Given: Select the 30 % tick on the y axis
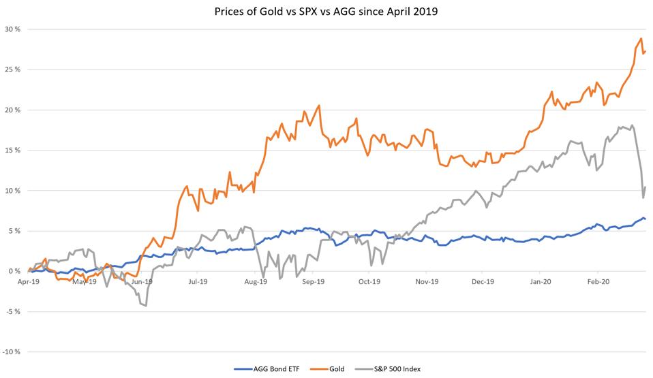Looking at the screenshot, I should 11,29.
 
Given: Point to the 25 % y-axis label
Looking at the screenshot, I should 11,69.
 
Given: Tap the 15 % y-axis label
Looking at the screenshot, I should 11,150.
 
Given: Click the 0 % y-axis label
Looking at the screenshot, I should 13,271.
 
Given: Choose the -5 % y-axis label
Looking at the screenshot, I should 12,311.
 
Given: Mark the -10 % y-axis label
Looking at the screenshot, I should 10,351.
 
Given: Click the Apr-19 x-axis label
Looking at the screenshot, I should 28,280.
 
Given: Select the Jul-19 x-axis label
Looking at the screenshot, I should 198,280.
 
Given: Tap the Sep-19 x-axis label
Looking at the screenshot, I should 312,280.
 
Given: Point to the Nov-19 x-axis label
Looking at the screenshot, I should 425,280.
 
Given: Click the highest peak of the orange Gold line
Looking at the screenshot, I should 641,39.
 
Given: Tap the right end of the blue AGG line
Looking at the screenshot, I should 646,219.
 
